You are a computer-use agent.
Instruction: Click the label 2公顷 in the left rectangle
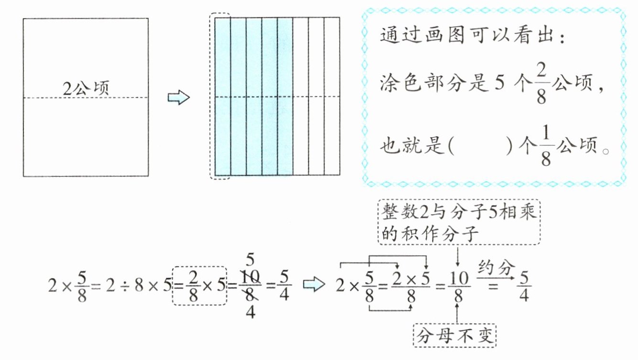coord(86,88)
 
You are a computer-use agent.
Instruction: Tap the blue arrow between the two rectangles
coord(179,98)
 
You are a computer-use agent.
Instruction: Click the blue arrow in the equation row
coord(314,284)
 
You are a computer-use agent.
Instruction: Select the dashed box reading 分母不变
coord(454,336)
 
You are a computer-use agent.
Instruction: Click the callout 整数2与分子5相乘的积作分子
coord(459,222)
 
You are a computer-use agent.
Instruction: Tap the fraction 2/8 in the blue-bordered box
coord(541,84)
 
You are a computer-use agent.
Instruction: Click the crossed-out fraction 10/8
coord(250,285)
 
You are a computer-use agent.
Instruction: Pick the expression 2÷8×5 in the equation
coord(139,285)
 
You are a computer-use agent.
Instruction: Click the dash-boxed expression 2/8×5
coord(200,285)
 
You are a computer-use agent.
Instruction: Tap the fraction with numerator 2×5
coord(411,286)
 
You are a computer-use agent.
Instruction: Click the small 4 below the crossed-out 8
coord(250,312)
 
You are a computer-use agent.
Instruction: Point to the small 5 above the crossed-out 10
coord(250,260)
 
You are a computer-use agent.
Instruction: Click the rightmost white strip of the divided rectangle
coord(332,96)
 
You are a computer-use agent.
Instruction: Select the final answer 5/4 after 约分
coord(524,286)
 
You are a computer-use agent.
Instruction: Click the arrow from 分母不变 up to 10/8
coord(457,313)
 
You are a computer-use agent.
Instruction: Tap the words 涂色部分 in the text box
coord(422,84)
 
